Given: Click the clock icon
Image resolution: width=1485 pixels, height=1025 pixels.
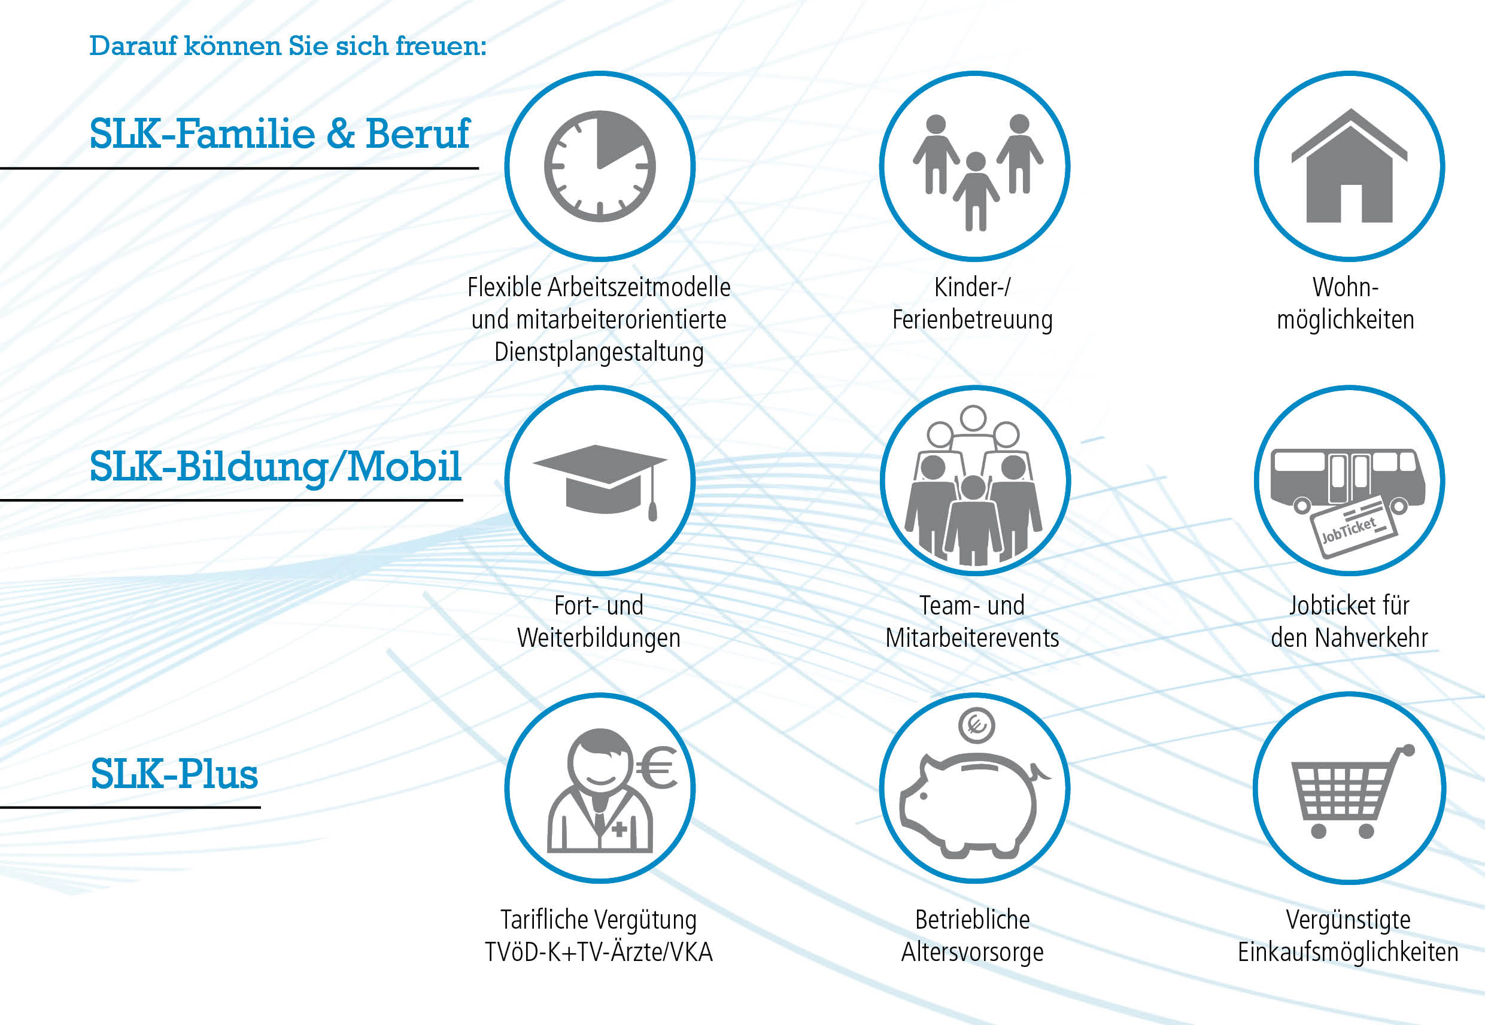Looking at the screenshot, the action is click(x=600, y=166).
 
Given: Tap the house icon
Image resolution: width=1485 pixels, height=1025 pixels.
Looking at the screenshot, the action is click(x=1349, y=166).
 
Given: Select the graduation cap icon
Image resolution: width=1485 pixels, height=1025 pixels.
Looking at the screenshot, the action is click(x=600, y=481).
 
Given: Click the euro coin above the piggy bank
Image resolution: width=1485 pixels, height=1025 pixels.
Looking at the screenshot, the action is click(x=976, y=725).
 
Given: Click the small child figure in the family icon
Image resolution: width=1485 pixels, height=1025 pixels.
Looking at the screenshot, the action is click(x=976, y=191).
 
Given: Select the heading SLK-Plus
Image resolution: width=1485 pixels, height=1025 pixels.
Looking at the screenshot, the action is click(x=174, y=774).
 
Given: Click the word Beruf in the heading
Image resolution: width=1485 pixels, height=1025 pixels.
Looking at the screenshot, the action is click(x=418, y=133).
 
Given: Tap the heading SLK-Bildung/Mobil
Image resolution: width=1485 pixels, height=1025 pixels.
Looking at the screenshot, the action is click(x=275, y=467).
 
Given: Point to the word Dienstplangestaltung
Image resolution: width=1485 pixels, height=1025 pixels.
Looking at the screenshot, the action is click(x=599, y=352).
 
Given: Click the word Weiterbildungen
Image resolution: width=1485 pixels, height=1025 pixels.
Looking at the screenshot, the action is click(x=599, y=638).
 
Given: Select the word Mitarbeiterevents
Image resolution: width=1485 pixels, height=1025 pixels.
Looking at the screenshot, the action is click(x=973, y=638).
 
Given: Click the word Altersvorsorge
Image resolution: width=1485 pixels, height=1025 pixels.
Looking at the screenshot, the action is click(x=973, y=953).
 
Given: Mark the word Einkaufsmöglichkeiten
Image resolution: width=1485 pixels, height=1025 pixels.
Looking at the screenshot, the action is click(x=1348, y=953).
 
